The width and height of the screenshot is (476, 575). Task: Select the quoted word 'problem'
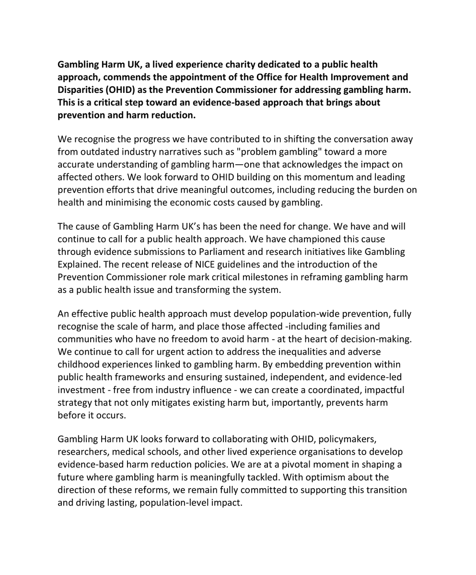(x=207, y=152)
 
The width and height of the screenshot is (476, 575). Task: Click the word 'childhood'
(x=78, y=365)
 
